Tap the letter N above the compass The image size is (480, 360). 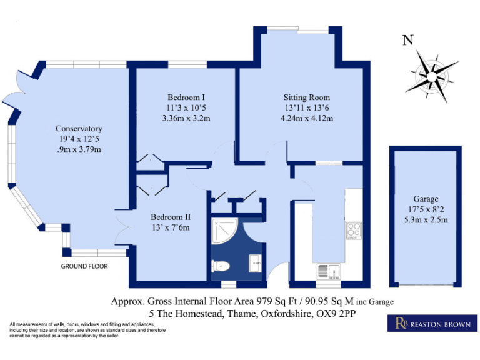(408, 41)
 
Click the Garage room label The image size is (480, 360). (425, 199)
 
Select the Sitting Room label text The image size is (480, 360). (306, 97)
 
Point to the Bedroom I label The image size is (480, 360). (186, 97)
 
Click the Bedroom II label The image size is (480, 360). (171, 217)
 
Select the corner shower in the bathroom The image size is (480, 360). (221, 231)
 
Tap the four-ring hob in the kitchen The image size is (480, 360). (353, 230)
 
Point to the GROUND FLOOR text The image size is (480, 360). (84, 266)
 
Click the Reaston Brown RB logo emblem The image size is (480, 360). (399, 323)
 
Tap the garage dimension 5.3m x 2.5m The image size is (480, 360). (426, 219)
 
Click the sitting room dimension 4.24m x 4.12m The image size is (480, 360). (307, 117)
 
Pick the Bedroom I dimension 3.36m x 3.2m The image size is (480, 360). (186, 117)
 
